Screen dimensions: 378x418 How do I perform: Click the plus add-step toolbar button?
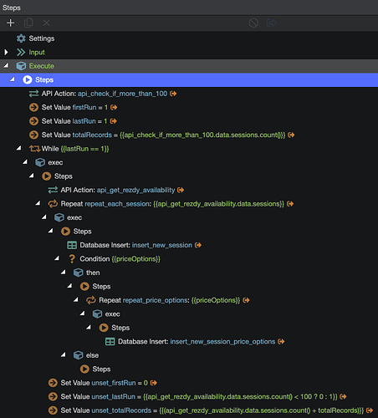point(11,23)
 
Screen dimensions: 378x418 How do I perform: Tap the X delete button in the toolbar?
point(47,23)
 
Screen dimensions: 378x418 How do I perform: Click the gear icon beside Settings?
point(21,38)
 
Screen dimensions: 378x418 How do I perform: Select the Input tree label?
point(37,53)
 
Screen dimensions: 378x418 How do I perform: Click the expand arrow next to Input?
point(6,52)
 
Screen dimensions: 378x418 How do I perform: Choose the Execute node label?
point(42,66)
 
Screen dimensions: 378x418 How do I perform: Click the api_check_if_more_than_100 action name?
point(122,94)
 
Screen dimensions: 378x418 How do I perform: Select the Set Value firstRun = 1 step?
point(74,107)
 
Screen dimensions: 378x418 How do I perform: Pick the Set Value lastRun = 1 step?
point(74,121)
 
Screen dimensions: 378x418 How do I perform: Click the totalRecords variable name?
point(92,135)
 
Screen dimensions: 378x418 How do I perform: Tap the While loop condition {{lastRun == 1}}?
point(84,149)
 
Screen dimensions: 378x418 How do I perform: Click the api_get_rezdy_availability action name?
point(135,190)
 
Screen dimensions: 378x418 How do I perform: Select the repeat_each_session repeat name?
point(117,204)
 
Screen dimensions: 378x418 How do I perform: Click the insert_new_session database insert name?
point(162,245)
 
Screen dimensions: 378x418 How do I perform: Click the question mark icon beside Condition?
point(72,259)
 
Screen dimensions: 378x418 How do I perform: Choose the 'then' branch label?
point(93,273)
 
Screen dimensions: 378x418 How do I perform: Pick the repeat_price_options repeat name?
point(156,300)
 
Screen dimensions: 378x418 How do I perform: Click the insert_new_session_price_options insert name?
point(222,342)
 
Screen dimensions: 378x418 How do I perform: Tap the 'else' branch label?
point(92,355)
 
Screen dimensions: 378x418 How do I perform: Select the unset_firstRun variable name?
point(114,383)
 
